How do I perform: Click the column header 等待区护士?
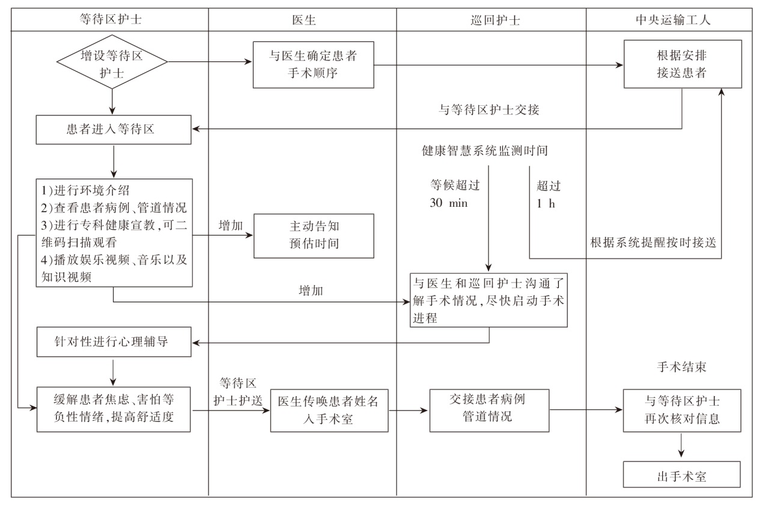point(111,20)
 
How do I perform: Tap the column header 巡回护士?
point(492,20)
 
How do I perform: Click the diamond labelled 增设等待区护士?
point(112,64)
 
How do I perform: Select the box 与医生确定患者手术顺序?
point(313,64)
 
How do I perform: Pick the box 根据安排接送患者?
point(682,64)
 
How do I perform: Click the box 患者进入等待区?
point(114,130)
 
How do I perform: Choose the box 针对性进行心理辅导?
point(114,342)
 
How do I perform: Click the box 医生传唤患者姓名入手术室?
point(327,410)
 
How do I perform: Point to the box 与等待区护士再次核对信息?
point(681,411)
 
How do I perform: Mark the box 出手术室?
point(681,475)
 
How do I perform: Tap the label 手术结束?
point(681,367)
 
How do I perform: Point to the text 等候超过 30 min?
point(455,194)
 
